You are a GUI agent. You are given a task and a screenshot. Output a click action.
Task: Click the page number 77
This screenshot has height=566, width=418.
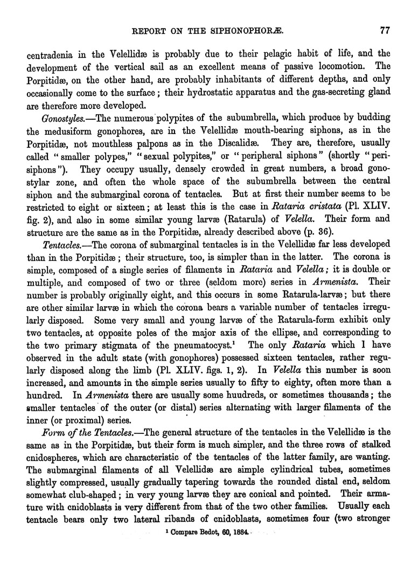click(x=385, y=31)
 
